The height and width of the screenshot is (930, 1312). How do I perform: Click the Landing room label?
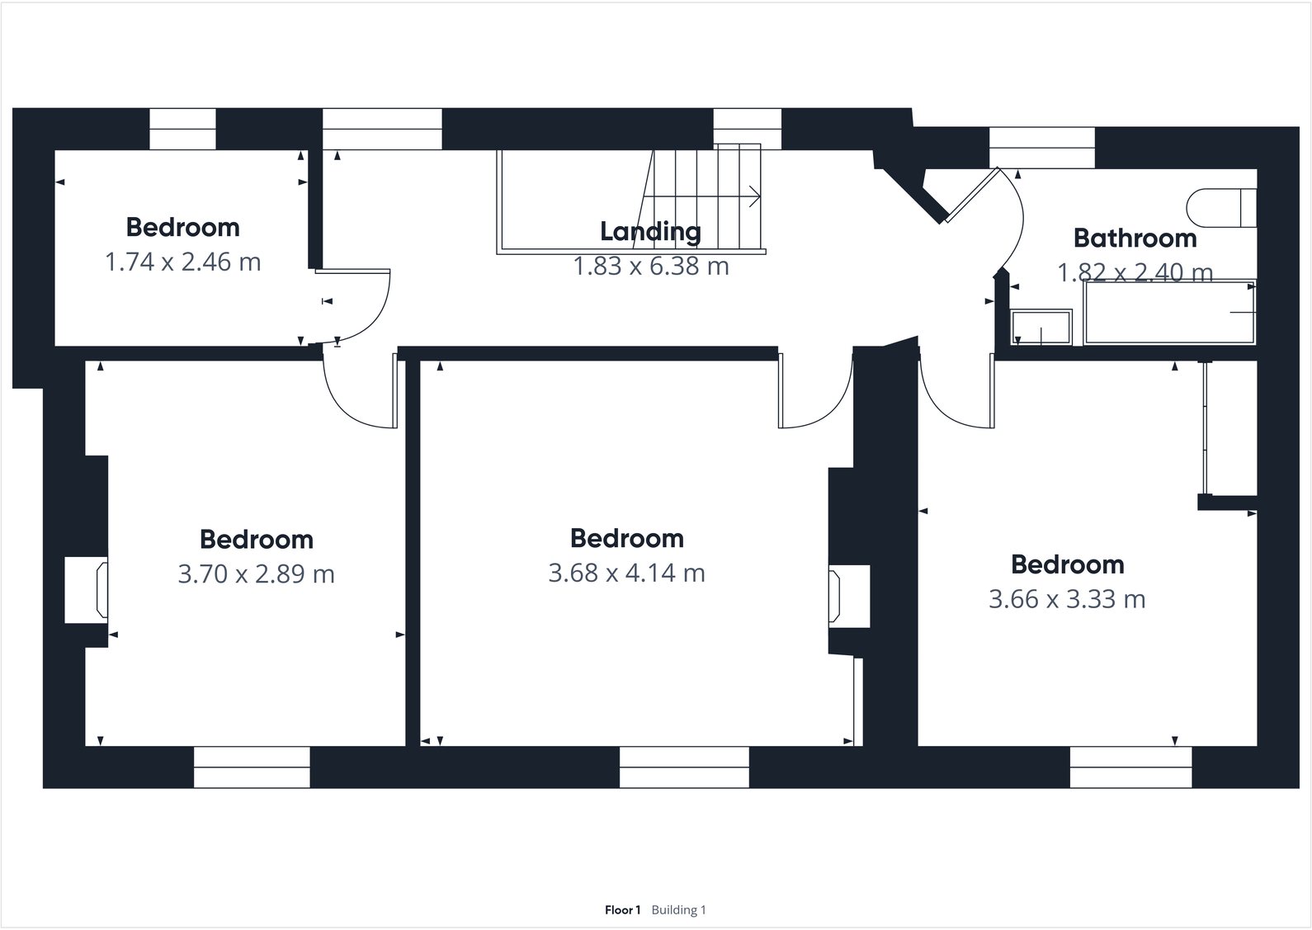pos(650,232)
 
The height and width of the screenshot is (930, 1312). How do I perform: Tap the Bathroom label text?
pos(1135,238)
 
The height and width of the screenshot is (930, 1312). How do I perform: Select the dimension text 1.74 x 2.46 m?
pos(182,262)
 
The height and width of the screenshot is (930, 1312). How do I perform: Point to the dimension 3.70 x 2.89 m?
pos(256,574)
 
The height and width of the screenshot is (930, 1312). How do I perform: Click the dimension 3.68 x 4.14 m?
pos(626,573)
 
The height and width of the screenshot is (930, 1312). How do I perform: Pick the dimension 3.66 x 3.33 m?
pos(1067,599)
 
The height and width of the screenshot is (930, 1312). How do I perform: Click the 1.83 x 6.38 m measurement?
pos(651,267)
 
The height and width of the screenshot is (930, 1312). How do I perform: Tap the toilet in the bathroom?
pos(1220,207)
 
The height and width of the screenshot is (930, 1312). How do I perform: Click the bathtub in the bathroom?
pos(1169,313)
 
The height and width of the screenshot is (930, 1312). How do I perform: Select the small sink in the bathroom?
pos(1041,327)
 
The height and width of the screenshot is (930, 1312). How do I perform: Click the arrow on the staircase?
pos(753,196)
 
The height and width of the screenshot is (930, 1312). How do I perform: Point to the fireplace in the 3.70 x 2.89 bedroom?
pos(87,590)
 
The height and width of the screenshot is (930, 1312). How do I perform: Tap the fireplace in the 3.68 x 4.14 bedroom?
pos(849,596)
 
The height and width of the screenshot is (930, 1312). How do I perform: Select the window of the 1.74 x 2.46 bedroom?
pos(182,130)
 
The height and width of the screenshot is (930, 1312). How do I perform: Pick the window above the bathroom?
pos(1041,147)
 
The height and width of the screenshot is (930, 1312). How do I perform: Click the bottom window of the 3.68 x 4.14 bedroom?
pos(684,767)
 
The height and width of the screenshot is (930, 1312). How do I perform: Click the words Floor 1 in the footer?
pos(622,910)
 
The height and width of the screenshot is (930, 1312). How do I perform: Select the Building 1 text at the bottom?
pos(679,910)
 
